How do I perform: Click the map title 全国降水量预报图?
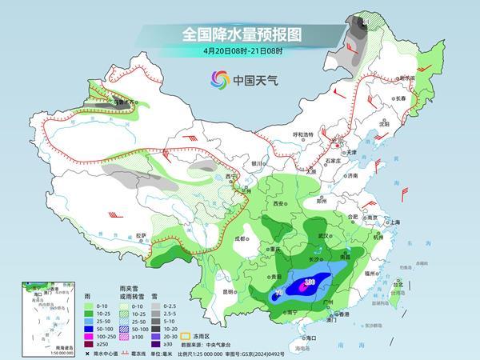coord(239,34)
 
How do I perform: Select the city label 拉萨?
coord(141,235)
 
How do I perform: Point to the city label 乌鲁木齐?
coord(121,102)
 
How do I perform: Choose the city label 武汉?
coord(324,236)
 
